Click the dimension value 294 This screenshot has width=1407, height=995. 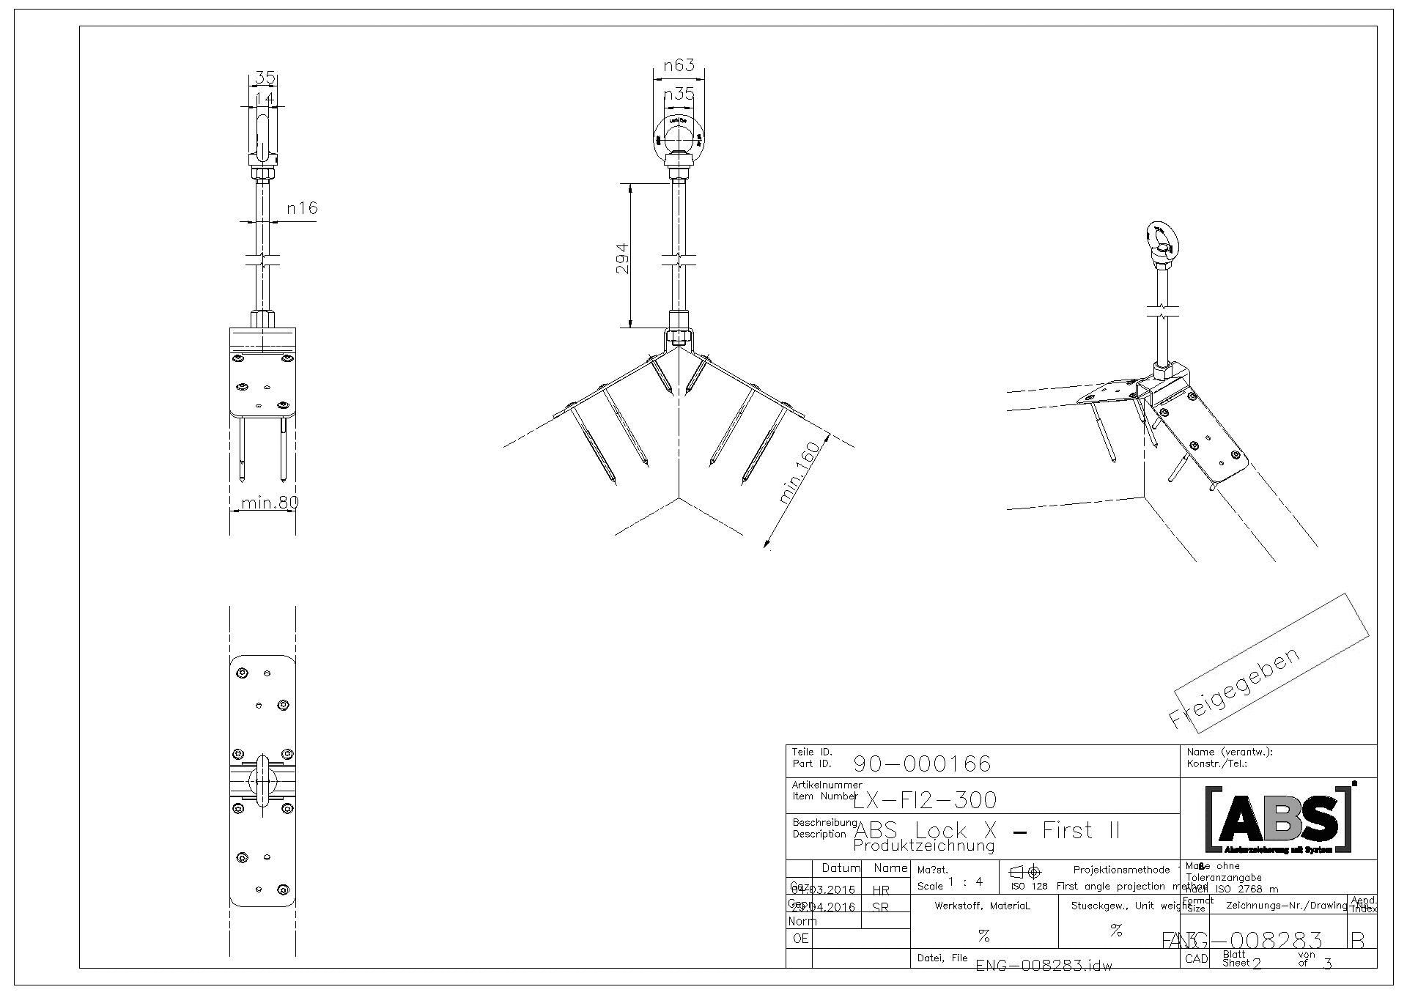622,259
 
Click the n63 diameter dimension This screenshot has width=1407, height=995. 679,66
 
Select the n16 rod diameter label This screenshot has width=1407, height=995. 302,208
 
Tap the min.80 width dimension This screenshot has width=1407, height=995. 270,503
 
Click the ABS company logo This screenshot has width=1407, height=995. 1279,819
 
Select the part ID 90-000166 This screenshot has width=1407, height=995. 922,764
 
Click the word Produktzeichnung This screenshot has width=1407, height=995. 924,846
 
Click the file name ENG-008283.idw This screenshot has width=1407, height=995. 1044,965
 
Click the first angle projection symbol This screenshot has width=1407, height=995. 1026,872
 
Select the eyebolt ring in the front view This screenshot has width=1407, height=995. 679,136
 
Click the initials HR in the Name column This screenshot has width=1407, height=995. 881,890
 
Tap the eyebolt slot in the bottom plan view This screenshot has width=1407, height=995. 262,781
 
